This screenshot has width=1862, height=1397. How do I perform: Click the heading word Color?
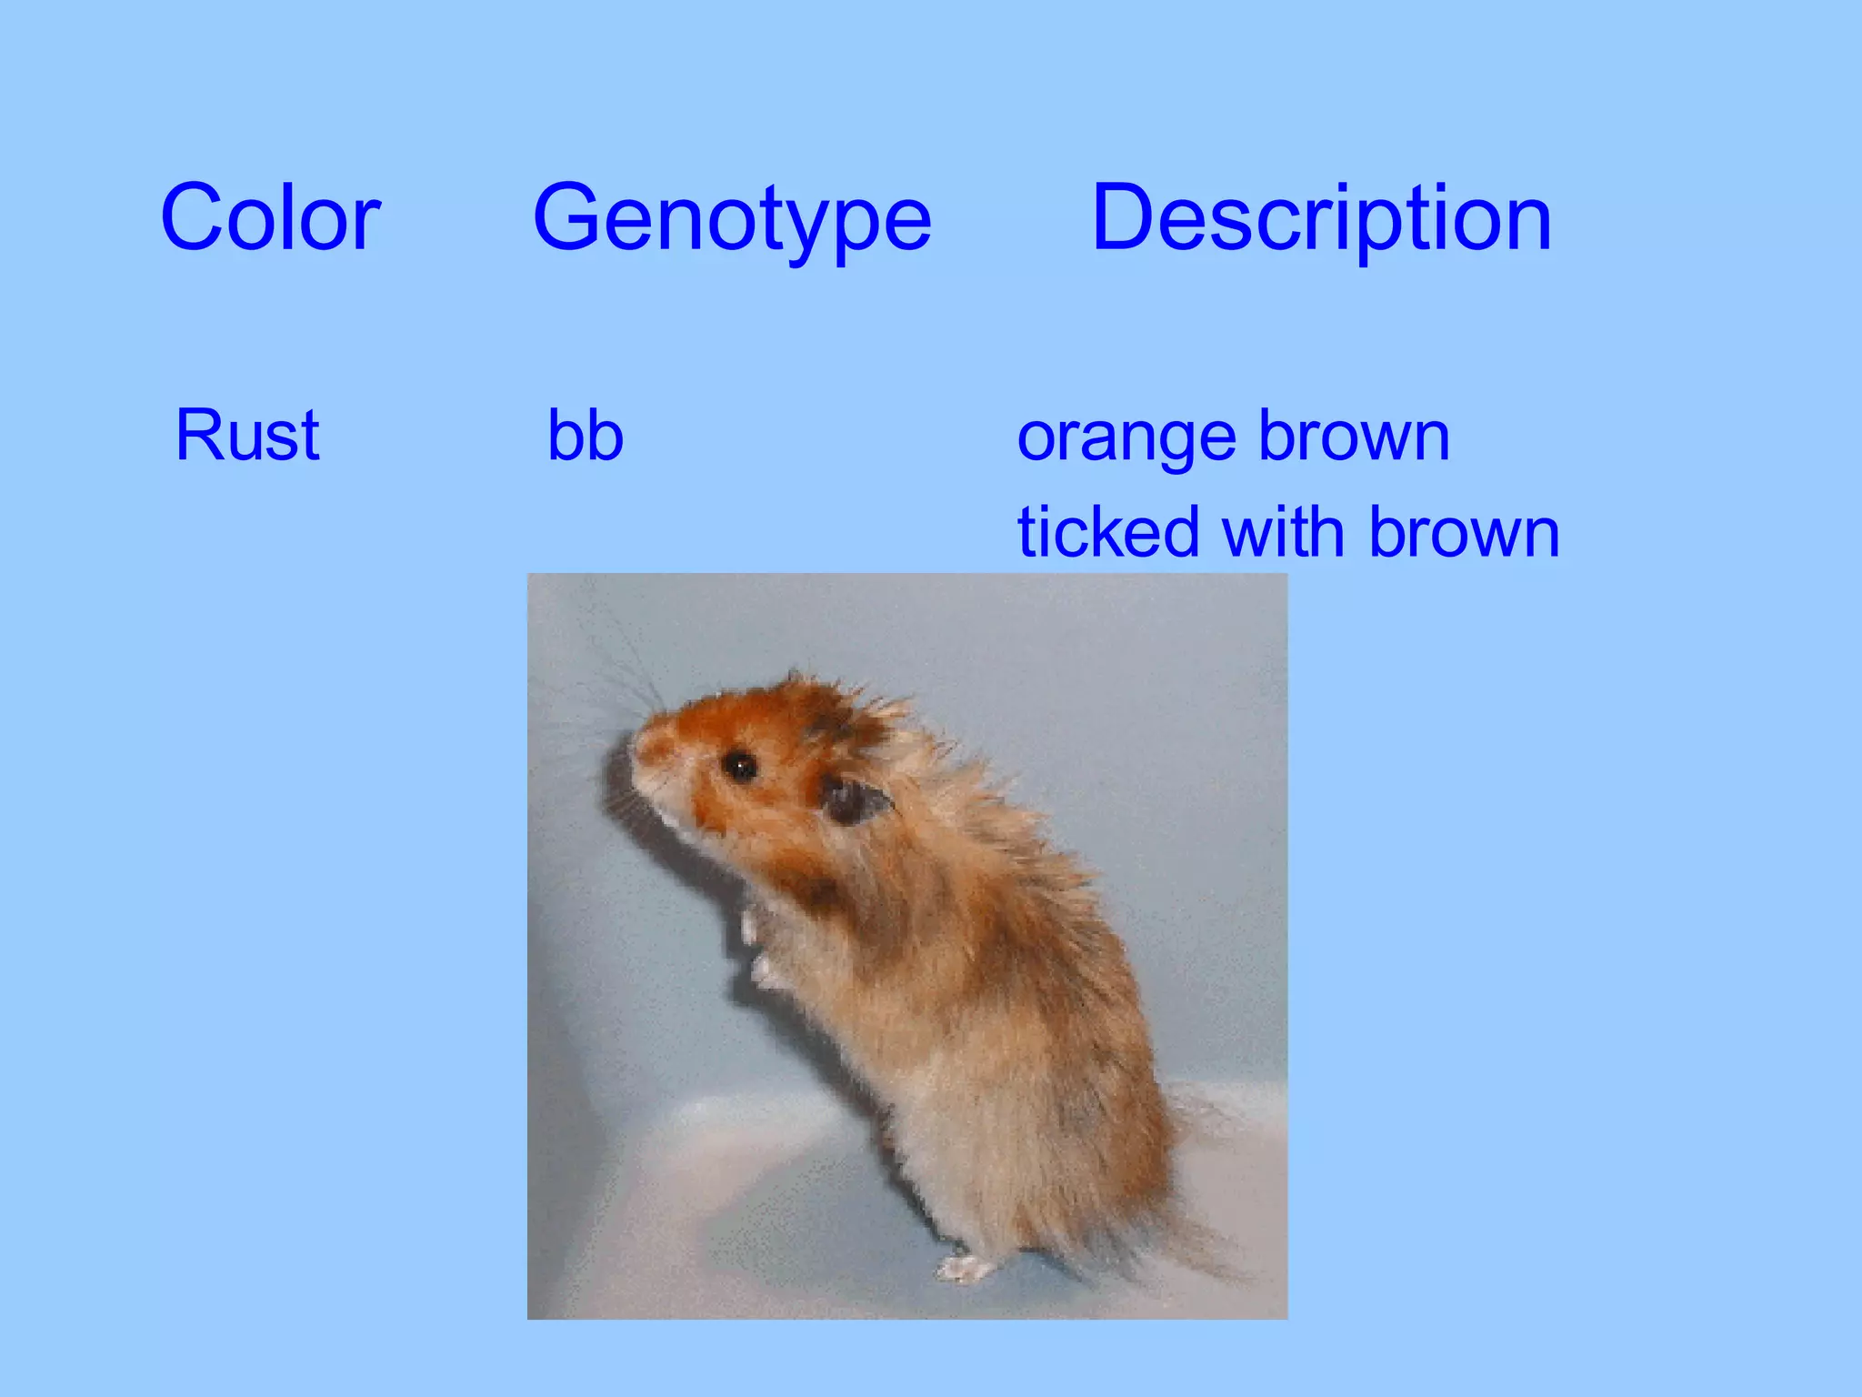coord(270,218)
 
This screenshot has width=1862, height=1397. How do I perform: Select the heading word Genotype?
coord(732,218)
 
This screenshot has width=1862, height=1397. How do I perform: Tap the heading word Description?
coord(1321,218)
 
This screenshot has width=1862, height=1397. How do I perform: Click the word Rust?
coord(247,436)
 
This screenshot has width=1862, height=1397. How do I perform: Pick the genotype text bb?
coord(585,436)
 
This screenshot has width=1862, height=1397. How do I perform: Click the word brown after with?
coord(1465,532)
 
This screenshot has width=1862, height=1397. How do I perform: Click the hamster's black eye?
coord(739,767)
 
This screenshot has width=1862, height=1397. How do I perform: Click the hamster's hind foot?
coord(966,1266)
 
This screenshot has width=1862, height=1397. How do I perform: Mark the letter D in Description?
coord(1120,218)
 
